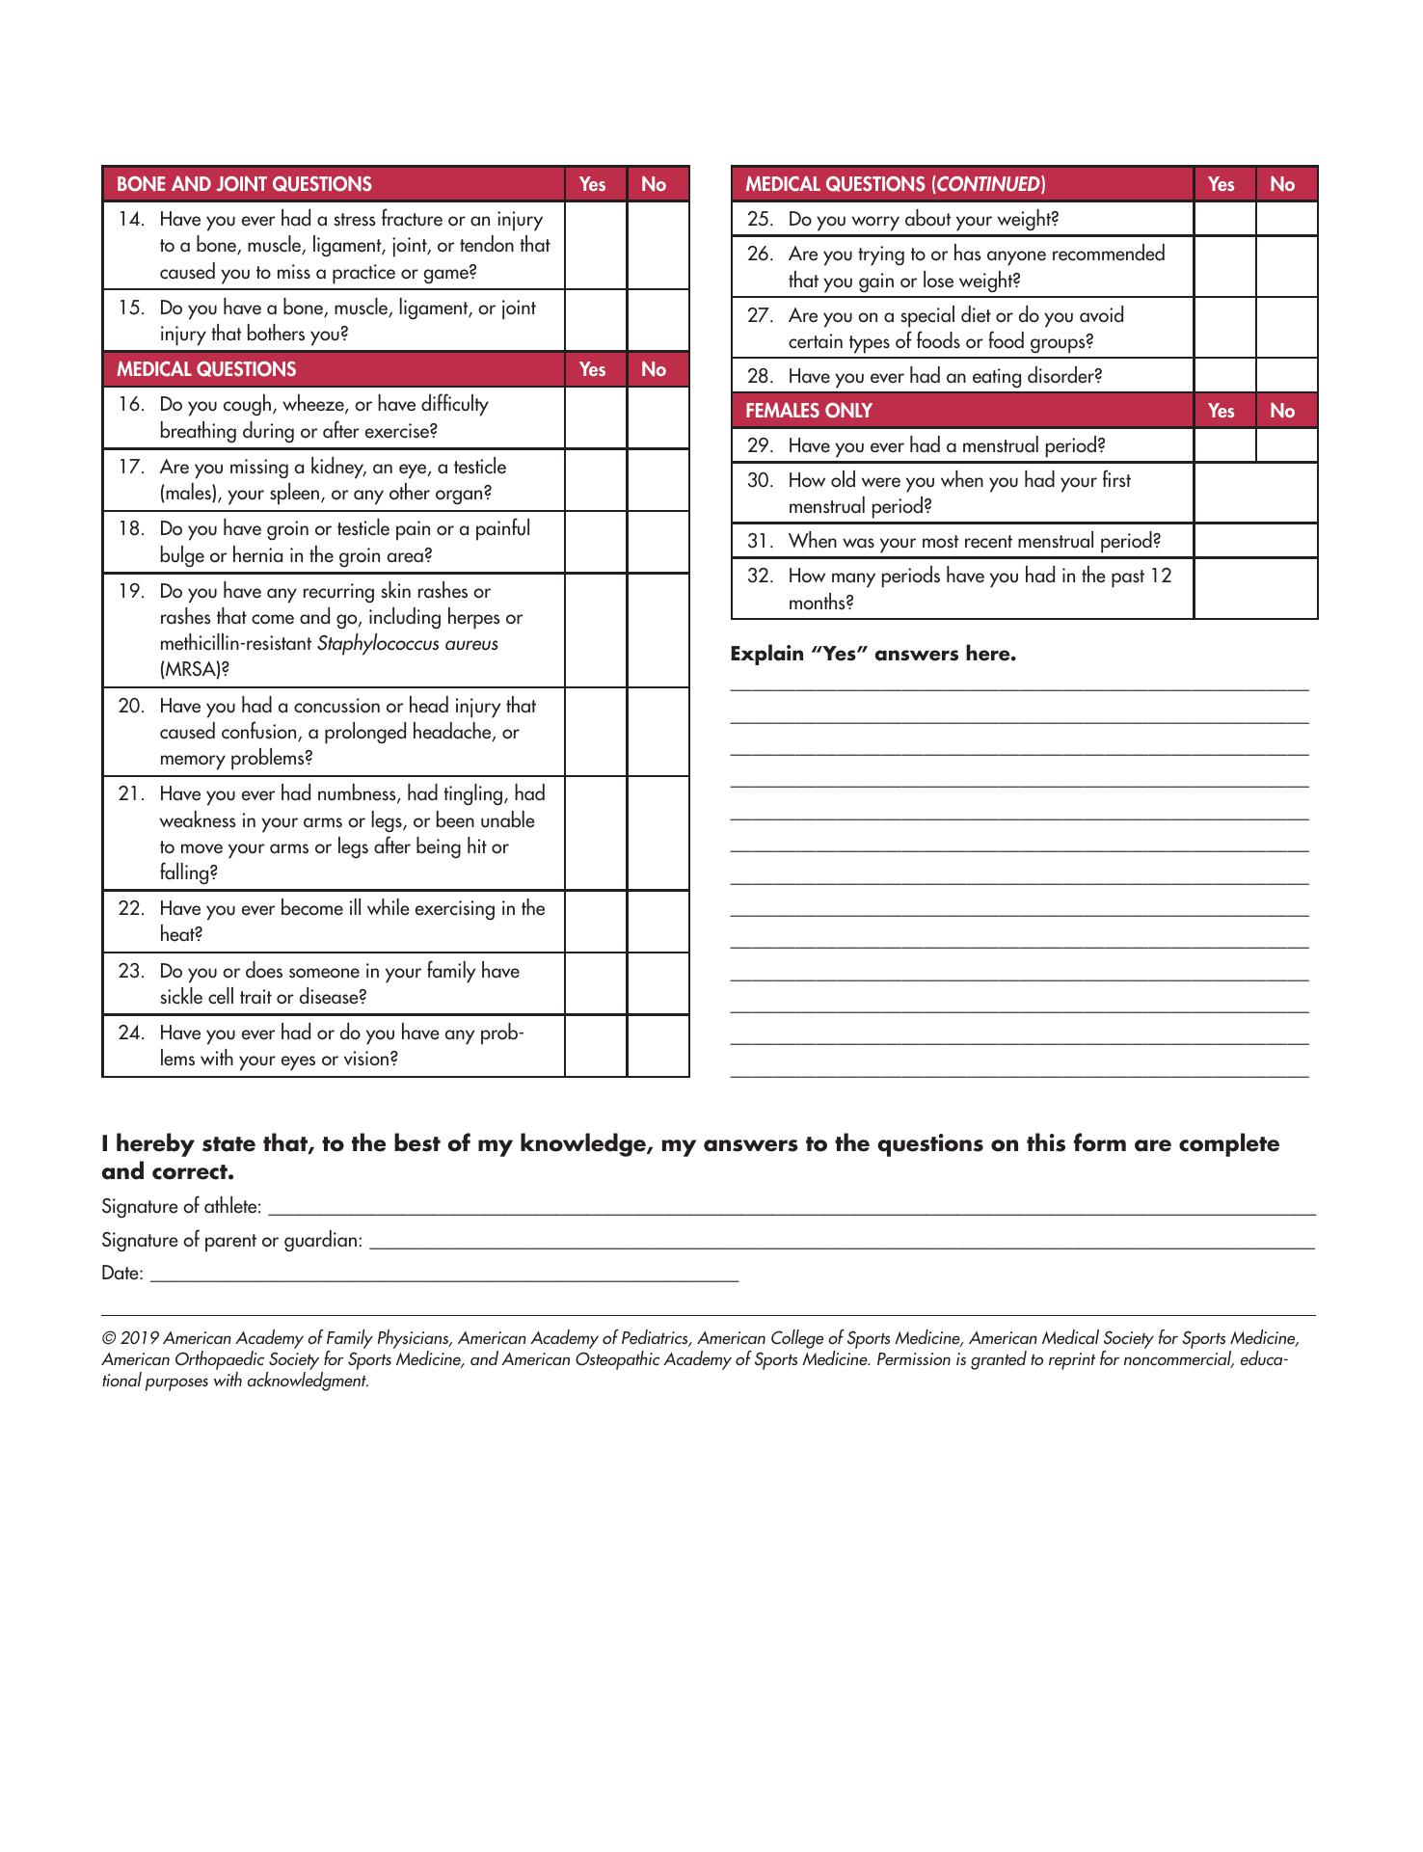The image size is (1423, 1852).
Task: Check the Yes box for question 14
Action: pos(596,245)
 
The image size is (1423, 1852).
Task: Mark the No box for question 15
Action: pos(658,321)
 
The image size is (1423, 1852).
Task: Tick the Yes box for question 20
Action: pos(596,732)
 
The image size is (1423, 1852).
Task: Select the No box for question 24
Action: pos(658,1045)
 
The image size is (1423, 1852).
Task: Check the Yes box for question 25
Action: pos(1224,219)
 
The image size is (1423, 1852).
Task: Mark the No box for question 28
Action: pos(1286,376)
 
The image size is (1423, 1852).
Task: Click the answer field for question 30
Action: pos(1255,493)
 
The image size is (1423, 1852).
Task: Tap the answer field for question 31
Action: pos(1255,541)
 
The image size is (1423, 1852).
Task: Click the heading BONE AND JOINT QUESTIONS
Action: pos(244,184)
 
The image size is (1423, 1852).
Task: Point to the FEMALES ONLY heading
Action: pos(809,411)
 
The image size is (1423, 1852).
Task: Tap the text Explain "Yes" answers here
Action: pos(873,654)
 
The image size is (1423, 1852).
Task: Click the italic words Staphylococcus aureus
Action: pos(407,643)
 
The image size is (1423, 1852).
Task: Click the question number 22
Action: pos(131,908)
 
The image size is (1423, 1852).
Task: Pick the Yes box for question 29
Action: pos(1224,445)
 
